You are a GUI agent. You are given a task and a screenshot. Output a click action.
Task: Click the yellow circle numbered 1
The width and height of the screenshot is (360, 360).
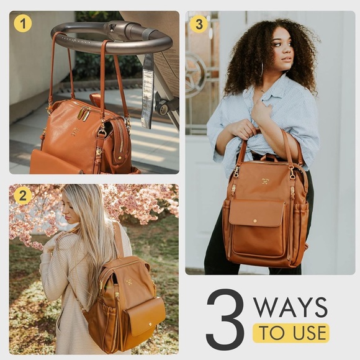(23, 24)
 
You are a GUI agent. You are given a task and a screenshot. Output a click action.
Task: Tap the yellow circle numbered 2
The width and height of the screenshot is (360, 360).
(23, 196)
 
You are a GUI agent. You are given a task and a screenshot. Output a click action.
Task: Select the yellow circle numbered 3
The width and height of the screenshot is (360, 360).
(199, 24)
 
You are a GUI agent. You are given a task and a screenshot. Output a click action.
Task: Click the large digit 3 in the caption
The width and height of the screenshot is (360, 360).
(225, 318)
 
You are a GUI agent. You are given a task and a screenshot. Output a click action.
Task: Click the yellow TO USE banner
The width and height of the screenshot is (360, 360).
(290, 333)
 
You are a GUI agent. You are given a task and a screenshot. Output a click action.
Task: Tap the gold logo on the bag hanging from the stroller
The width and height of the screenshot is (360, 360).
(74, 131)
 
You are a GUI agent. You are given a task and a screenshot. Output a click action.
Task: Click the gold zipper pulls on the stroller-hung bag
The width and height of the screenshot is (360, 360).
(84, 114)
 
